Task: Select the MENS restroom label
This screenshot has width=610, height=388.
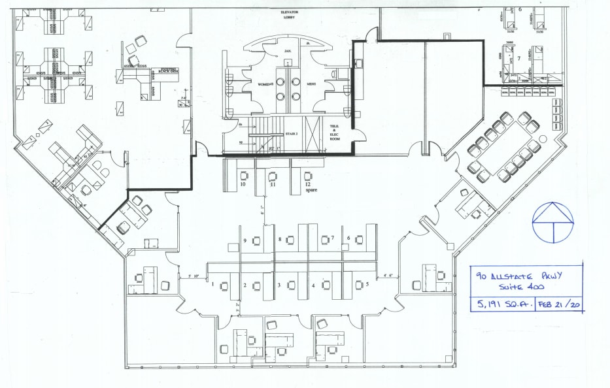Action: coord(295,83)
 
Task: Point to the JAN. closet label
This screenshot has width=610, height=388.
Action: coord(286,50)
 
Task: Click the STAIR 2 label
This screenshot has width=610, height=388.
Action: coord(291,134)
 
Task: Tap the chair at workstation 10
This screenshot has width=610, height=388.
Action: coord(244,176)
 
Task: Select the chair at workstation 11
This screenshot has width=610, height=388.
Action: coord(273,176)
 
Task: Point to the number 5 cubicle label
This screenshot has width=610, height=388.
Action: coord(367,284)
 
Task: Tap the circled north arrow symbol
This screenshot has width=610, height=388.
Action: coord(552,222)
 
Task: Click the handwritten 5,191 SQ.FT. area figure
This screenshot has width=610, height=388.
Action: coord(504,304)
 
